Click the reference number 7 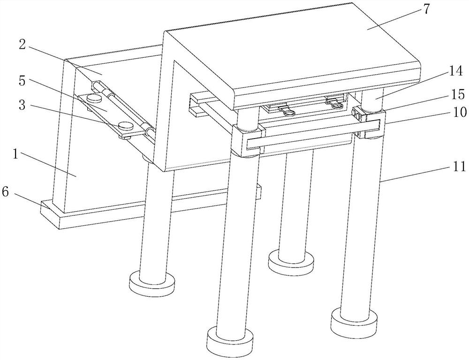[x=426, y=9]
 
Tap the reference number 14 [x=456, y=72]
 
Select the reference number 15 [x=457, y=94]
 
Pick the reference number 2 [x=22, y=45]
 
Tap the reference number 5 [x=22, y=81]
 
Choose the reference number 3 [x=22, y=105]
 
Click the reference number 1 [x=15, y=154]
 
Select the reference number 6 [x=5, y=192]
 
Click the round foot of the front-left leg [x=230, y=341]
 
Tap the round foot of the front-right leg [x=354, y=321]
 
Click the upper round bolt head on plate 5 [x=94, y=97]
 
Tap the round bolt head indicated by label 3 [x=126, y=125]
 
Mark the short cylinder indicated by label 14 [x=372, y=100]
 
